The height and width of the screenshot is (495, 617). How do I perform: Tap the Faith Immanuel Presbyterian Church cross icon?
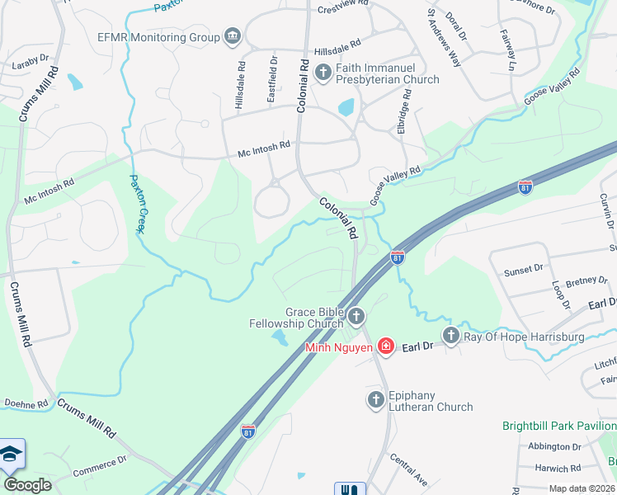(x=323, y=73)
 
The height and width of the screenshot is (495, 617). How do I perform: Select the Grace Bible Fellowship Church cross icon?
(x=356, y=316)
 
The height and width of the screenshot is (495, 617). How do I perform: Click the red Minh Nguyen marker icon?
(x=385, y=346)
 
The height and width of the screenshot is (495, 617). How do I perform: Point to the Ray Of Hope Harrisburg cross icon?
(x=450, y=336)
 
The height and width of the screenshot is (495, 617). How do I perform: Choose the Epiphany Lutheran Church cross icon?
(x=375, y=400)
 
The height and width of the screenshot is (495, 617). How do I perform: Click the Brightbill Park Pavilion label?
(x=559, y=427)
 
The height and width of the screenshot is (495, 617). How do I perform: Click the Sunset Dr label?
(x=525, y=268)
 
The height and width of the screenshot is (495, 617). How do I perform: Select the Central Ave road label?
(x=408, y=469)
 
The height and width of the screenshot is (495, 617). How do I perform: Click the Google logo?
(x=28, y=484)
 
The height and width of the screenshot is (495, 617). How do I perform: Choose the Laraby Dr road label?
(x=32, y=63)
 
